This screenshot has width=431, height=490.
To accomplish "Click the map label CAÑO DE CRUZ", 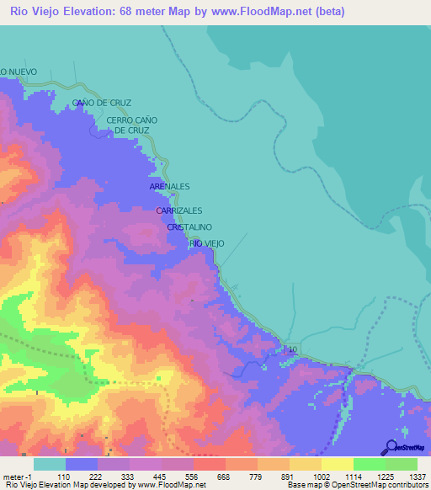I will [102, 103].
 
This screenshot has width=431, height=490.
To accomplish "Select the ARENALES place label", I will [169, 186].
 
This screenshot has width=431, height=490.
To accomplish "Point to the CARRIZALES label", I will [179, 211].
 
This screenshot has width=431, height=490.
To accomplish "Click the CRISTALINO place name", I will [189, 227].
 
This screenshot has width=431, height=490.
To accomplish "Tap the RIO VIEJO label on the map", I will [207, 243].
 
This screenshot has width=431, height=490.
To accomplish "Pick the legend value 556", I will [193, 476].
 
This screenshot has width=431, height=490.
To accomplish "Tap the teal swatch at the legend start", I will [50, 464].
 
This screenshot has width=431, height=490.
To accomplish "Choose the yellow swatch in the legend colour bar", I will [337, 464].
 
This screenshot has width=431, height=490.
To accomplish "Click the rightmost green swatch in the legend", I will [402, 464].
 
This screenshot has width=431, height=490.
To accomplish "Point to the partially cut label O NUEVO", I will [19, 72].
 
